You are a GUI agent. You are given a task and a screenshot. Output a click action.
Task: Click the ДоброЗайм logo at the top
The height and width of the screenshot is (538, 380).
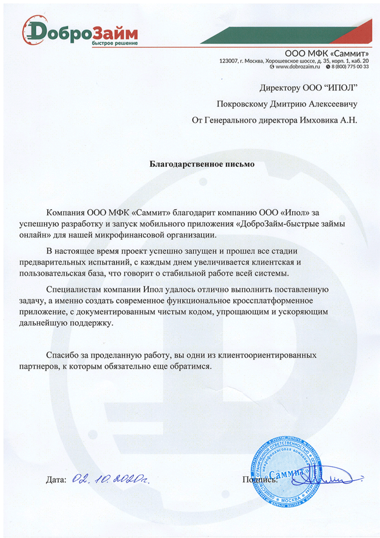[80, 33]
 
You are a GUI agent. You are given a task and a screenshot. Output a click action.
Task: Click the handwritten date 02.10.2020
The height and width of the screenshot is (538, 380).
[112, 479]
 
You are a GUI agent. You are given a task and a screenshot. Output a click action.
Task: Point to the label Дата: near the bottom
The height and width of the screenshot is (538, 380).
[55, 480]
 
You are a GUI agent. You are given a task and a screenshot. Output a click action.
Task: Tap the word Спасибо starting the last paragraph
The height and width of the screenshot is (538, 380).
[62, 356]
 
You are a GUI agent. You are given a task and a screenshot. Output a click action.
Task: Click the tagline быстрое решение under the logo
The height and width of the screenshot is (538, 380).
[115, 43]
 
